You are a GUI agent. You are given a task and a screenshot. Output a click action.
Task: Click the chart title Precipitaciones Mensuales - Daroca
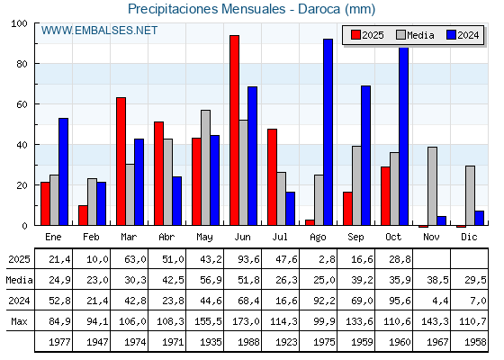251,9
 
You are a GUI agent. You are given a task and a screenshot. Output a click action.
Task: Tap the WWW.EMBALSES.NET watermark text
100,31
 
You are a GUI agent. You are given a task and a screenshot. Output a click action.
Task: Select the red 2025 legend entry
367,35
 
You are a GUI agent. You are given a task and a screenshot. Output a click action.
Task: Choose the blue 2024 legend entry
462,35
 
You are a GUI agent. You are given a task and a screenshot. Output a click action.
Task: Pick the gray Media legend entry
415,35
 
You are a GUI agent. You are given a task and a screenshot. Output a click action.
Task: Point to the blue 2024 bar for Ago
328,132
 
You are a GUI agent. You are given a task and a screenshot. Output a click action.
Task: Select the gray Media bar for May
205,167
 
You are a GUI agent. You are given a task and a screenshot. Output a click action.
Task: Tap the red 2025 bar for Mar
121,161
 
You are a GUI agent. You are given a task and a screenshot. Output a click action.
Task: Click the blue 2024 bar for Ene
63,171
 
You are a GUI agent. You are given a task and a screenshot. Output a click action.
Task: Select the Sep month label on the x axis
356,237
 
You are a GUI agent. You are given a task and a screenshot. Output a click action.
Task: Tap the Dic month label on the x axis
470,237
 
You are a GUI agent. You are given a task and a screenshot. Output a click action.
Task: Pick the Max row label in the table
18,321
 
